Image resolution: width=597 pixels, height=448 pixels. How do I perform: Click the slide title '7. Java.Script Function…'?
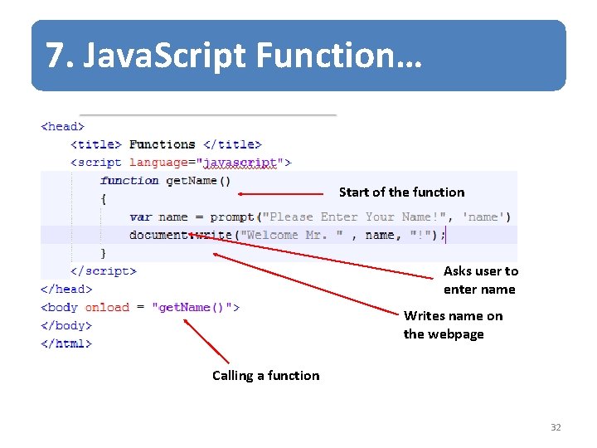click(x=234, y=56)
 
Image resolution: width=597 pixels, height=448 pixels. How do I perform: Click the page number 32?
click(x=556, y=427)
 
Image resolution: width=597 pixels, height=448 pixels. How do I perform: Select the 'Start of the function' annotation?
click(x=401, y=192)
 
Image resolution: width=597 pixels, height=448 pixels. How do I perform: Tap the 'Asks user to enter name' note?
click(x=480, y=280)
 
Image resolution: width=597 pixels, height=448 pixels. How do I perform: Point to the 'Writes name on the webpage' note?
click(x=453, y=325)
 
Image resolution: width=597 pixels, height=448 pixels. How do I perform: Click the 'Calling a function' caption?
click(x=265, y=376)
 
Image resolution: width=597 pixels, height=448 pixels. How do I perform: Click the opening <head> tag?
click(x=63, y=127)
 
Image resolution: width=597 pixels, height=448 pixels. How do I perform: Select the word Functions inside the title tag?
click(x=163, y=144)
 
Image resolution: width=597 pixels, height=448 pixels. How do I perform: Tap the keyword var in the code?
click(x=141, y=217)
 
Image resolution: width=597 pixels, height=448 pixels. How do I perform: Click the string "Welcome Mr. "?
click(x=290, y=235)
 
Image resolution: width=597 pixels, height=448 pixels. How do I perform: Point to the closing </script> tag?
click(x=104, y=270)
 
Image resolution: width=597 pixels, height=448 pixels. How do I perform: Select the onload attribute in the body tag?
click(x=107, y=307)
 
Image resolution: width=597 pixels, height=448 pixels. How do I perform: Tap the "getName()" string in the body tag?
click(x=196, y=307)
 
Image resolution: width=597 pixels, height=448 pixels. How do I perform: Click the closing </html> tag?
click(x=66, y=343)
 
